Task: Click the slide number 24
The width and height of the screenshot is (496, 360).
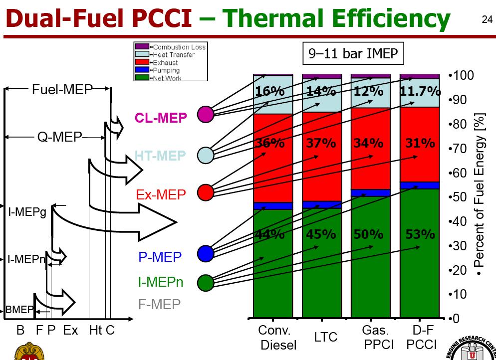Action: click(x=487, y=20)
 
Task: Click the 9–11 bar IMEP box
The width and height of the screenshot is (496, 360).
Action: click(x=353, y=53)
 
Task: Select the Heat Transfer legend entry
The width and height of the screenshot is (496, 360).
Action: click(x=172, y=55)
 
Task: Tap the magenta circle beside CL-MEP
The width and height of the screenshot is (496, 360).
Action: click(x=205, y=114)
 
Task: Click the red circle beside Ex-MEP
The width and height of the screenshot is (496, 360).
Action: click(x=205, y=192)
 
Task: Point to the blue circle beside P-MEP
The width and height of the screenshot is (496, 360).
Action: click(x=205, y=253)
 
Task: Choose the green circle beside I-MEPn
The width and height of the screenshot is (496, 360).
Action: click(x=205, y=283)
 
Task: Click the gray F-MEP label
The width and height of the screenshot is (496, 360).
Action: click(x=160, y=304)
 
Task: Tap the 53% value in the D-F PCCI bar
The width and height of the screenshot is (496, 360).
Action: click(x=420, y=234)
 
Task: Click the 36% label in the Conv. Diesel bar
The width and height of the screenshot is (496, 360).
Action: click(x=270, y=143)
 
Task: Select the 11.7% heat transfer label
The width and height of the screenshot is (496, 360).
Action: click(x=420, y=92)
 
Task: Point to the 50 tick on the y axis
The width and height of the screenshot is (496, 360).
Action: click(x=459, y=197)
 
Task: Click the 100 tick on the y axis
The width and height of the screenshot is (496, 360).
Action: click(x=461, y=76)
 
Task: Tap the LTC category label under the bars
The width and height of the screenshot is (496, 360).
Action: click(x=326, y=338)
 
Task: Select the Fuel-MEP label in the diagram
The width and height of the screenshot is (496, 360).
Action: click(x=62, y=90)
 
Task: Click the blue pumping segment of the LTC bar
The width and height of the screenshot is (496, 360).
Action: click(x=322, y=204)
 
